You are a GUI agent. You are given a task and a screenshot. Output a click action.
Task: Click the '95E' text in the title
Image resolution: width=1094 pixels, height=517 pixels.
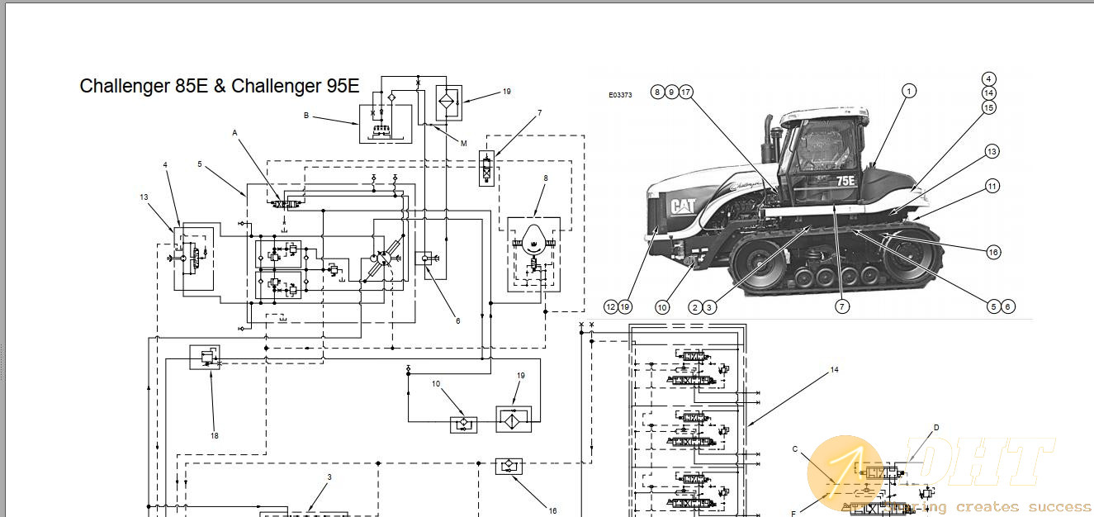(x=342, y=86)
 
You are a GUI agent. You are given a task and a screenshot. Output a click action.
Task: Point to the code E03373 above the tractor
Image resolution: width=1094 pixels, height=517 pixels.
(x=620, y=95)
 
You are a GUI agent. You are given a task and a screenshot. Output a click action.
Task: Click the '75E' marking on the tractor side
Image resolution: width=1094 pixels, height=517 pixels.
(x=845, y=180)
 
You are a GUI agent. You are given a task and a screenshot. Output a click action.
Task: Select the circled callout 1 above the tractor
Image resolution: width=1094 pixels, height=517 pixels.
(x=908, y=91)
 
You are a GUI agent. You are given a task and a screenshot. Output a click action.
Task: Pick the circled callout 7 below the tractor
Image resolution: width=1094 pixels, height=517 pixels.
(x=841, y=306)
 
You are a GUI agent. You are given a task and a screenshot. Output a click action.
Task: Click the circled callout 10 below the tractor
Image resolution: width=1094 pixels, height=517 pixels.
(x=661, y=306)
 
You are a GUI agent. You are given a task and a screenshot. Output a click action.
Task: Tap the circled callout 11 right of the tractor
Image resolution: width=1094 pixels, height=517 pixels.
(x=991, y=187)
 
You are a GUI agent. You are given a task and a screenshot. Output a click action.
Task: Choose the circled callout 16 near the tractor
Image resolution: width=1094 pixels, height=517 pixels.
(x=992, y=251)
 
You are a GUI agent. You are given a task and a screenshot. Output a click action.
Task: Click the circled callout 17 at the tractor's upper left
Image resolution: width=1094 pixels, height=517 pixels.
(x=685, y=92)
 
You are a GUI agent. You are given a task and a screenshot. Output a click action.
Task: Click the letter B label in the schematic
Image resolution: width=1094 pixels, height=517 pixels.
(x=306, y=116)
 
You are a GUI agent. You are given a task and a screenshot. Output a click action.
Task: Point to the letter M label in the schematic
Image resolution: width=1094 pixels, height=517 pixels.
(x=463, y=143)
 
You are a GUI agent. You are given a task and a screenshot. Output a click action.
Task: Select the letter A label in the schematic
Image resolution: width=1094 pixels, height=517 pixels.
(x=234, y=132)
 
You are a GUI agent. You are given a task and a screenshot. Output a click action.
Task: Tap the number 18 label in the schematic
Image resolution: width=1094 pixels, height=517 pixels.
(x=214, y=435)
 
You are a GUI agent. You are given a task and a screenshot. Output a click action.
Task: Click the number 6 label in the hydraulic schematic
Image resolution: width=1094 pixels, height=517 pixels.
(x=457, y=320)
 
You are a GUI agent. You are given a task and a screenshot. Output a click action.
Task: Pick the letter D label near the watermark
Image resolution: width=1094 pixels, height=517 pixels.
(x=936, y=428)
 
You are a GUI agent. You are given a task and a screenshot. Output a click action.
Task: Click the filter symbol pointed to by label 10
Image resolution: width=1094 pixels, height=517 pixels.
(x=464, y=425)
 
